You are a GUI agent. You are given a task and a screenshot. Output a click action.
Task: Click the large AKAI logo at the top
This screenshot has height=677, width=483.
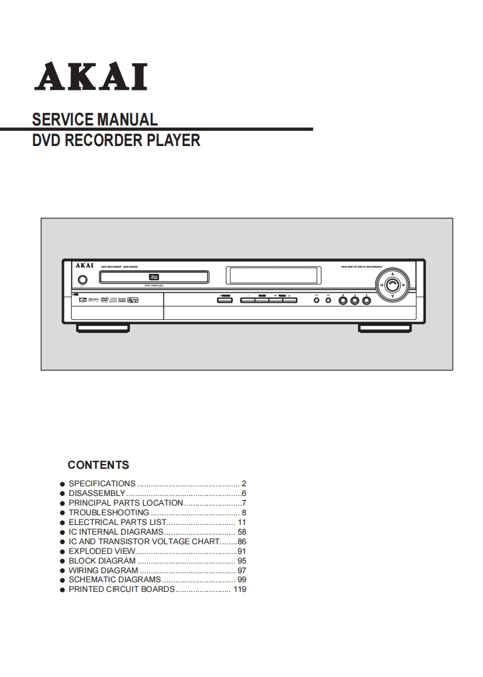pyautogui.click(x=90, y=78)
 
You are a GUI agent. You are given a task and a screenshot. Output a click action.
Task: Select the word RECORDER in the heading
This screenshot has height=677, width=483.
pyautogui.click(x=103, y=141)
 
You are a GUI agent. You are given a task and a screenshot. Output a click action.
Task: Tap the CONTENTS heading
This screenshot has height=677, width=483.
pyautogui.click(x=98, y=465)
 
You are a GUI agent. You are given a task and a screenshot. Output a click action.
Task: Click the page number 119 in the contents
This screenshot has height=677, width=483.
pyautogui.click(x=239, y=590)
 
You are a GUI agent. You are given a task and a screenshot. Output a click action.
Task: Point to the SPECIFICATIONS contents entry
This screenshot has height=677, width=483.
pyautogui.click(x=102, y=483)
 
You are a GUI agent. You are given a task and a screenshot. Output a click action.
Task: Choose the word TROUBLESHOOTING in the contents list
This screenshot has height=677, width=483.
pyautogui.click(x=109, y=512)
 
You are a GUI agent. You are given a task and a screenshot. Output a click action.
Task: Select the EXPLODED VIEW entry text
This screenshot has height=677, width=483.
pyautogui.click(x=101, y=551)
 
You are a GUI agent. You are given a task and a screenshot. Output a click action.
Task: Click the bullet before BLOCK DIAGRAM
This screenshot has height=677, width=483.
pyautogui.click(x=62, y=561)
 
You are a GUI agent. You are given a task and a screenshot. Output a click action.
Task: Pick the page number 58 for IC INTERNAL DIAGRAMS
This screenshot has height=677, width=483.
pyautogui.click(x=242, y=532)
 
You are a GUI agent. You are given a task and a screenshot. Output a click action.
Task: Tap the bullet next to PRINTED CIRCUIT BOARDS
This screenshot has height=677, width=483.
pyautogui.click(x=62, y=590)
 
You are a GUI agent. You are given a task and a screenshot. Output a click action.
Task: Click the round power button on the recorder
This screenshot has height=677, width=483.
pyautogui.click(x=82, y=280)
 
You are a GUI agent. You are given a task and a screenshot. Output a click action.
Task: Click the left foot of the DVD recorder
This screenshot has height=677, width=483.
pyautogui.click(x=103, y=328)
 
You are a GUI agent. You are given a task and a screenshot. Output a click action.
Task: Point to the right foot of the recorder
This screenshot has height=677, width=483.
pyautogui.click(x=385, y=328)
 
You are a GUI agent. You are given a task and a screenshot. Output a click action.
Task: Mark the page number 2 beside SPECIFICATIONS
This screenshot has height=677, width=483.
pyautogui.click(x=244, y=483)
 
